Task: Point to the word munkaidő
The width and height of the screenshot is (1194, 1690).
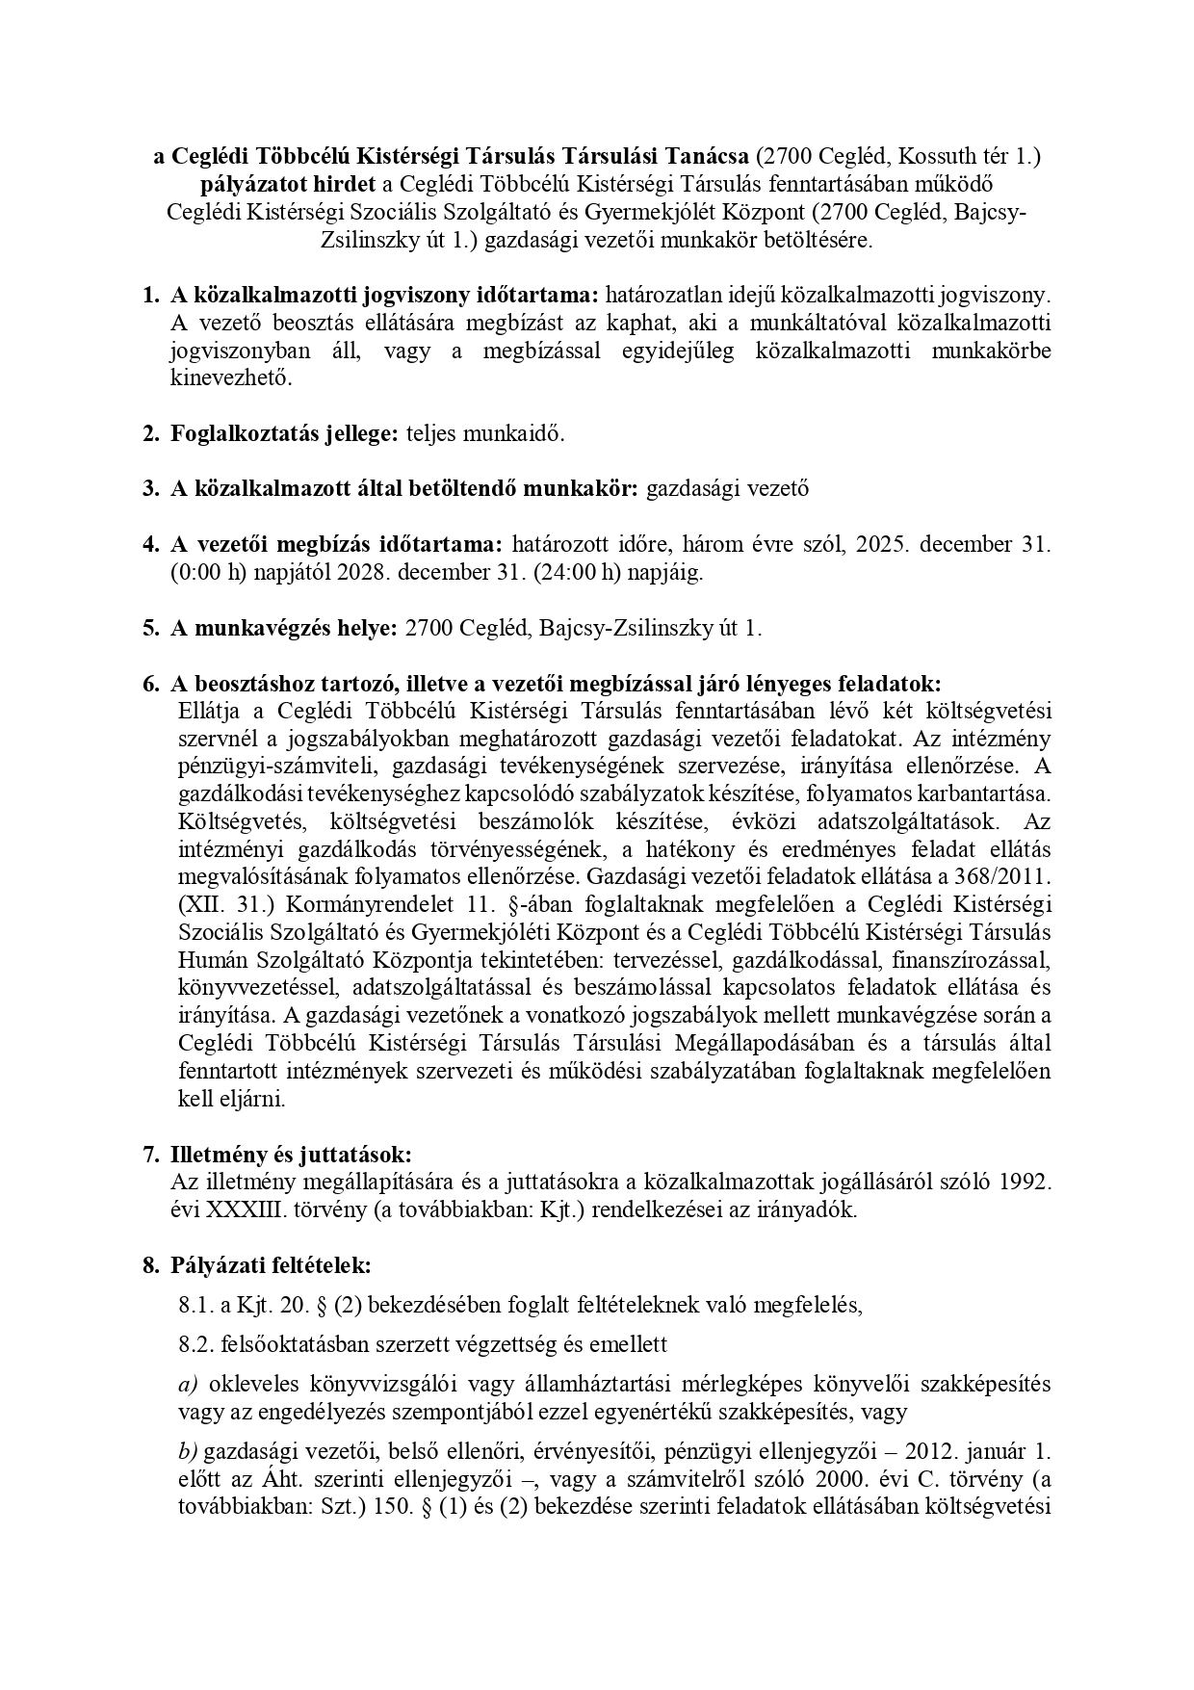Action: point(515,433)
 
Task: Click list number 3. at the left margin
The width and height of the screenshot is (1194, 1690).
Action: point(150,488)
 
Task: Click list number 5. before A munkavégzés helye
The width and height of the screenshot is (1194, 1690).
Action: point(150,629)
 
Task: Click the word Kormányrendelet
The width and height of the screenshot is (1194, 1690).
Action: point(313,905)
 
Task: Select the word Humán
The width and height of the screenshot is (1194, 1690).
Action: point(211,961)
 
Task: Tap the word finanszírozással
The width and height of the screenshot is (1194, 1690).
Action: point(972,961)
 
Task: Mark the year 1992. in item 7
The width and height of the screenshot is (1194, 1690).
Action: point(1023,1183)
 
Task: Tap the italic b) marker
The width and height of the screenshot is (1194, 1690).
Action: point(188,1450)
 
